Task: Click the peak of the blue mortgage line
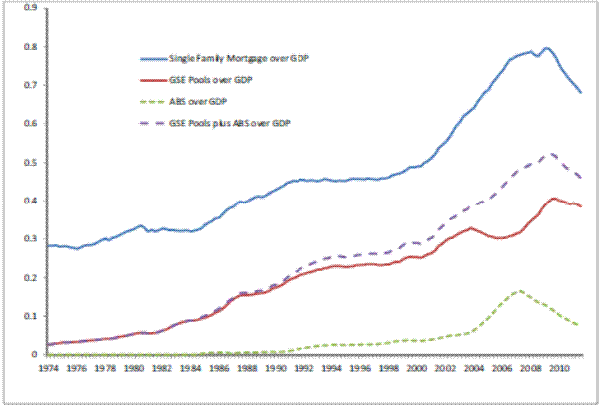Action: click(x=545, y=48)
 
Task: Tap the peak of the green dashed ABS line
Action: click(x=519, y=290)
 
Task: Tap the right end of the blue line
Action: click(x=581, y=92)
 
